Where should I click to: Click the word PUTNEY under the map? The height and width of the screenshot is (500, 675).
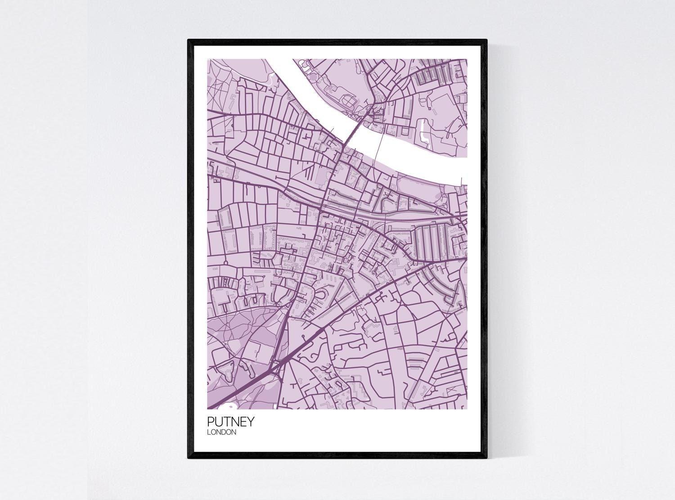tap(231, 422)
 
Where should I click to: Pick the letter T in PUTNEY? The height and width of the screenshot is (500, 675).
tap(227, 422)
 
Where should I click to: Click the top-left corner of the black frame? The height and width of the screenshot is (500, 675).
tap(189, 41)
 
